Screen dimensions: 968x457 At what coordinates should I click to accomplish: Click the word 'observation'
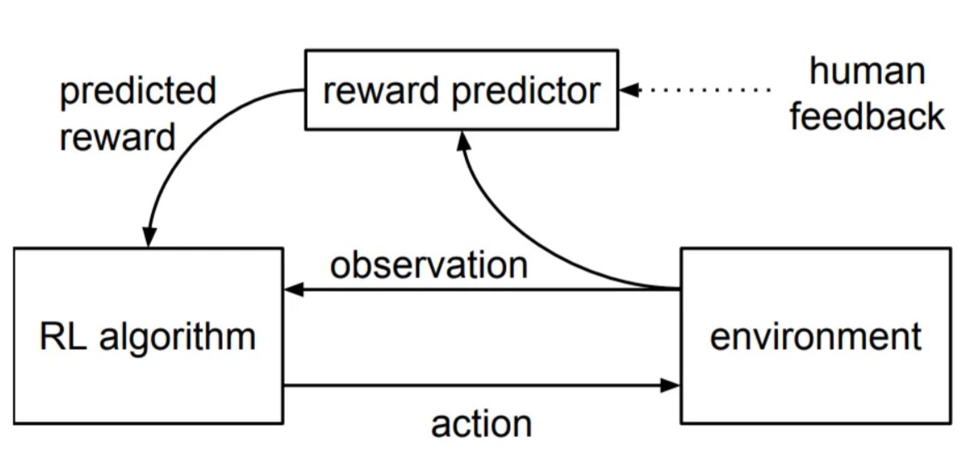point(429,266)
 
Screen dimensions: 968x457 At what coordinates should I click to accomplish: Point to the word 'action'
point(481,424)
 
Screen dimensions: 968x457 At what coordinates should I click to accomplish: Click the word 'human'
point(868,71)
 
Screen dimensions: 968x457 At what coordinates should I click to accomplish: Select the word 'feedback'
point(868,115)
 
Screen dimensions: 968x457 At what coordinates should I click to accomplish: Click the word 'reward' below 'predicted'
point(117,137)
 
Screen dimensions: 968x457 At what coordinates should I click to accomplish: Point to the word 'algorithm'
point(177,339)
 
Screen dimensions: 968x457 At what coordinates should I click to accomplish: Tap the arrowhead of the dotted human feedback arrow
point(628,90)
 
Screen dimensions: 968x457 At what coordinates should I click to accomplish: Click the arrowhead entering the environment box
point(671,386)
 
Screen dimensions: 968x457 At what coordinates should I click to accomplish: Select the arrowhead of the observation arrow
point(294,289)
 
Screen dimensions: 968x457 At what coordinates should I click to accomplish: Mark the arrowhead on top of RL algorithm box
point(149,238)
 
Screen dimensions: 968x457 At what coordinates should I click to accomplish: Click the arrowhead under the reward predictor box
point(462,140)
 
